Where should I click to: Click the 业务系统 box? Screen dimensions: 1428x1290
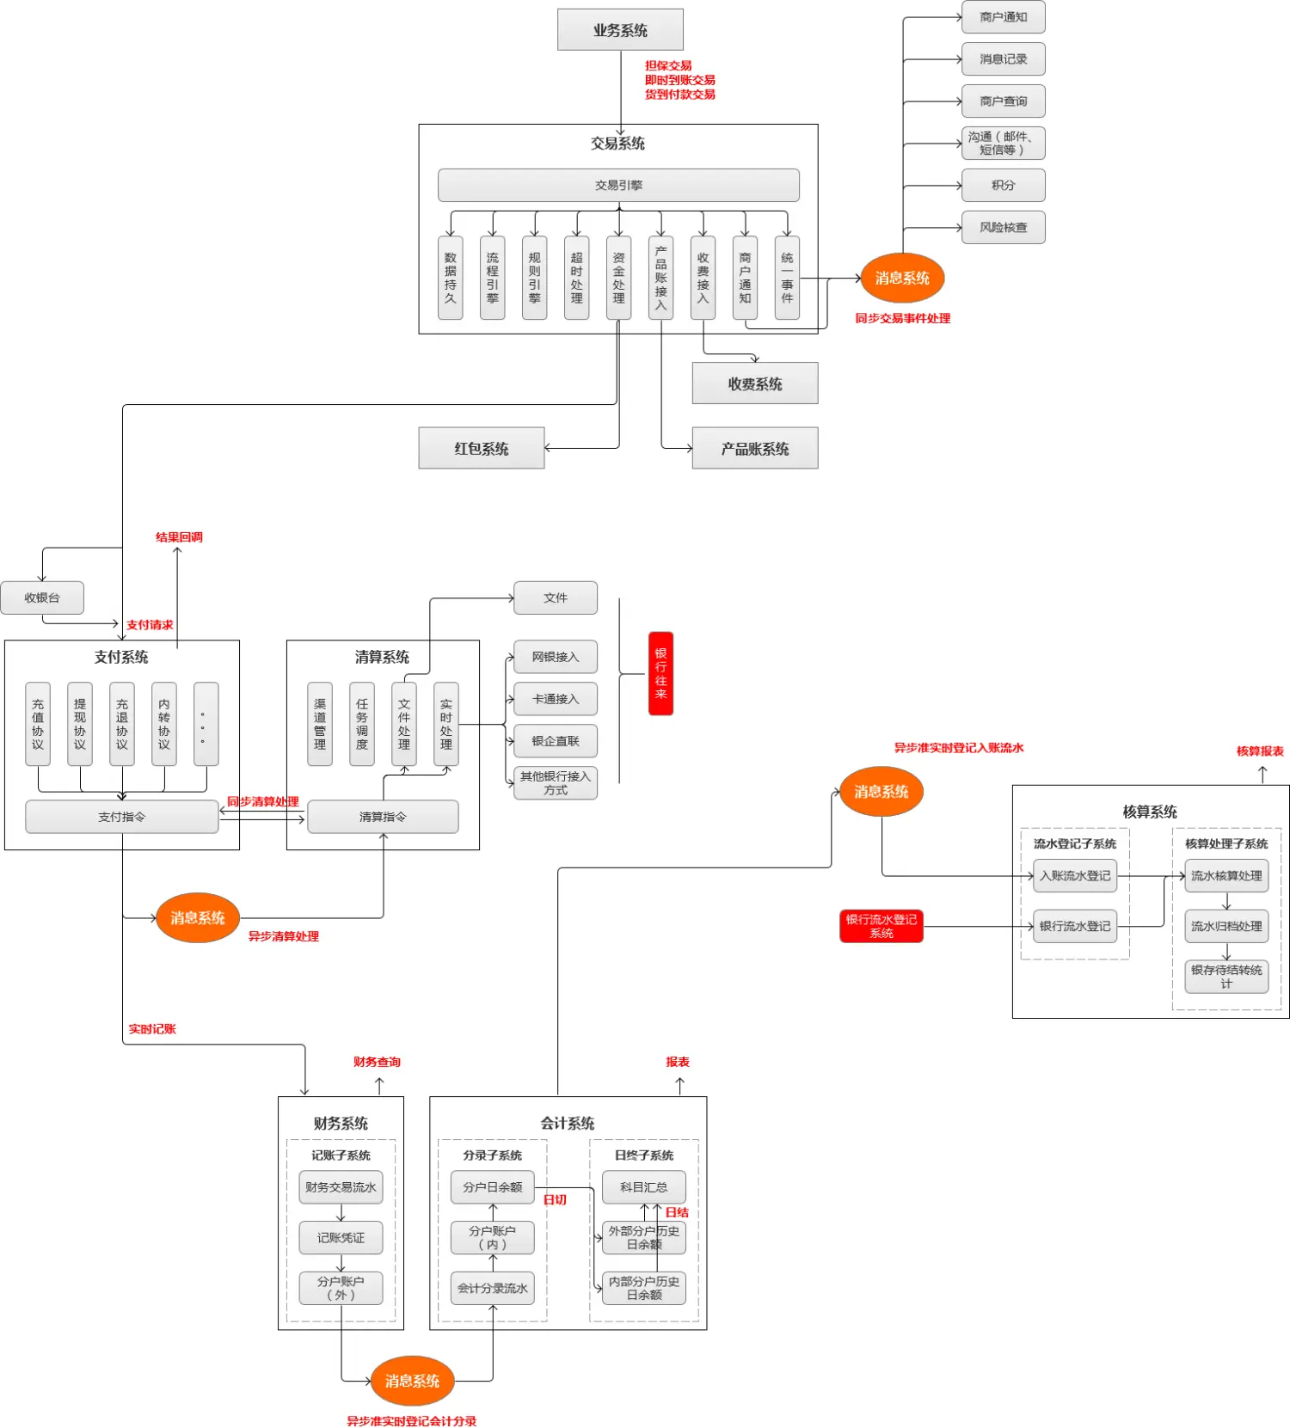tap(620, 30)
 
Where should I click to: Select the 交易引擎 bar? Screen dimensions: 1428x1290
tap(618, 185)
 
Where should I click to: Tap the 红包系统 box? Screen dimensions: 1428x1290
tap(482, 448)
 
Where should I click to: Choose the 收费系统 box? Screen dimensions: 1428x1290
tap(755, 383)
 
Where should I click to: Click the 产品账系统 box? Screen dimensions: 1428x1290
tap(755, 448)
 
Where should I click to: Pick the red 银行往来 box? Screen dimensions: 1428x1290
tap(660, 673)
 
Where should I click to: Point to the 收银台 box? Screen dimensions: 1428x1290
tap(42, 598)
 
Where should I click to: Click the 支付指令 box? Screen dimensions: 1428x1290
tap(122, 817)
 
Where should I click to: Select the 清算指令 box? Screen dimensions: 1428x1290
tap(383, 817)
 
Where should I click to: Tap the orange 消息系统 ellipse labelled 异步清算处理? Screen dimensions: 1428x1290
tap(198, 917)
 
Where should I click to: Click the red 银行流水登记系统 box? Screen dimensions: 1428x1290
tap(881, 926)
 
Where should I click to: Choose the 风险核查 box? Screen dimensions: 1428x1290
tap(1004, 227)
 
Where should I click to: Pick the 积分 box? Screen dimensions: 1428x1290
tap(1004, 185)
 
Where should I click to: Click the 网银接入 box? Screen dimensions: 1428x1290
tap(556, 657)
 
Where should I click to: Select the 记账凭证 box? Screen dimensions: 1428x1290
tap(341, 1237)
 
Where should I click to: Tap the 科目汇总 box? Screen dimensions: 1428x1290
tap(644, 1186)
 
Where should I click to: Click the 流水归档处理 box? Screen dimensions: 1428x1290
tap(1226, 926)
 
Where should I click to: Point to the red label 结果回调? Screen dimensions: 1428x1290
tap(179, 537)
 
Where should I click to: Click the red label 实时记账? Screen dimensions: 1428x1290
tap(152, 1029)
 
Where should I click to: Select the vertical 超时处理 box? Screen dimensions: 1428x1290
tap(576, 278)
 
